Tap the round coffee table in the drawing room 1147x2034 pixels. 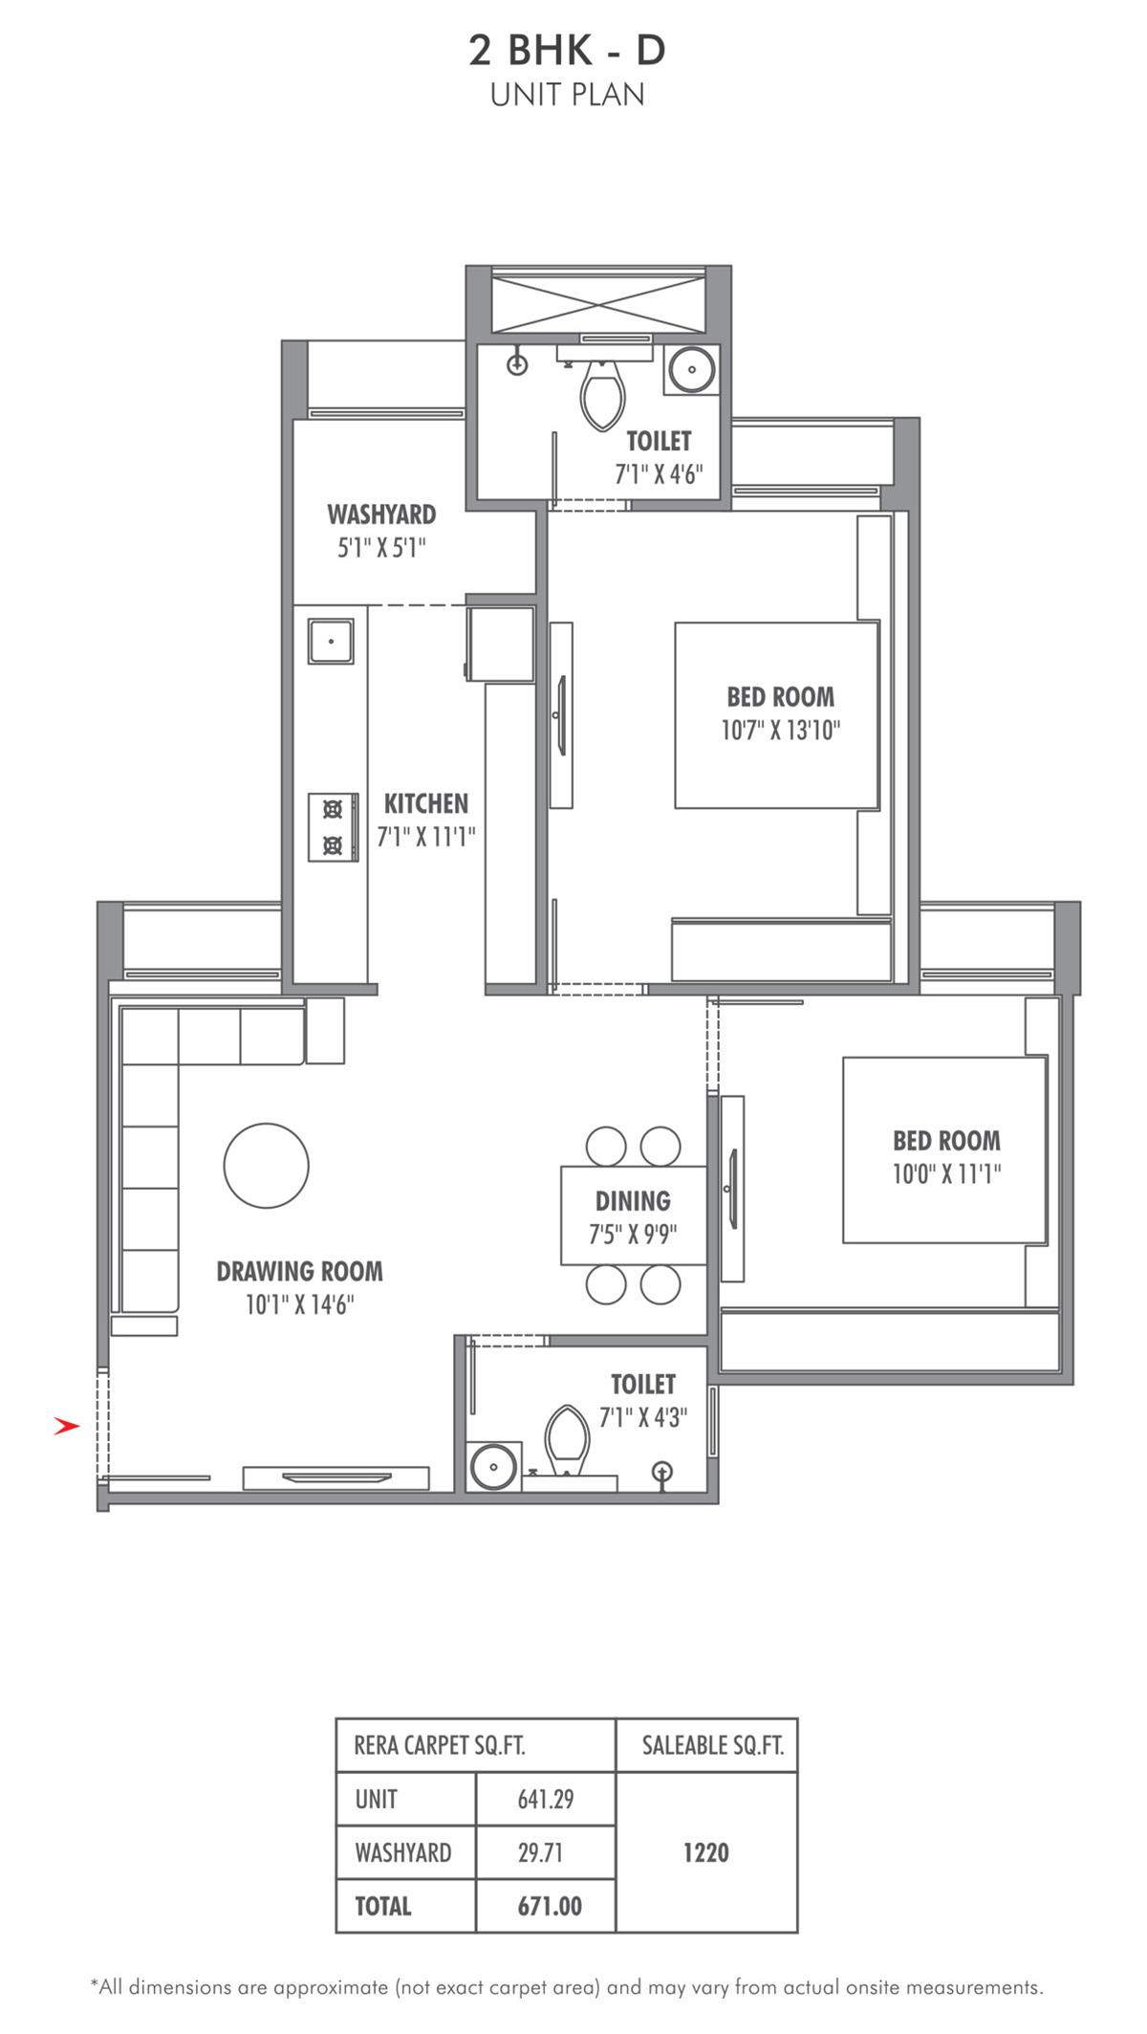click(x=267, y=1166)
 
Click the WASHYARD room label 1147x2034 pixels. click(x=381, y=514)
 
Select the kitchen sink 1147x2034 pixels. click(x=331, y=641)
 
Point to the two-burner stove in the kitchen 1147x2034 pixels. click(x=333, y=827)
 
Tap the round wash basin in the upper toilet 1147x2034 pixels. click(x=690, y=368)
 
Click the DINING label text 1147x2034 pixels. click(x=633, y=1201)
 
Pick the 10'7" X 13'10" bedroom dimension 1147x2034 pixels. click(x=781, y=731)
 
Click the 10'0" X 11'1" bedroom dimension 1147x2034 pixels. click(x=947, y=1174)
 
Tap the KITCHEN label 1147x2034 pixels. click(x=426, y=803)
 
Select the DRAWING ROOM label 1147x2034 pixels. click(x=299, y=1271)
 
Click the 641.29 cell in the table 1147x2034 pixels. click(x=546, y=1800)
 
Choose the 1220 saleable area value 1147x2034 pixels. click(x=706, y=1852)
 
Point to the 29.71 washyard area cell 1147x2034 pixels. click(x=540, y=1853)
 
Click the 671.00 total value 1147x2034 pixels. click(x=550, y=1907)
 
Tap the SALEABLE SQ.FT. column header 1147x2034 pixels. click(x=713, y=1746)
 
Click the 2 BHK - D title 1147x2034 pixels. click(x=567, y=50)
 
